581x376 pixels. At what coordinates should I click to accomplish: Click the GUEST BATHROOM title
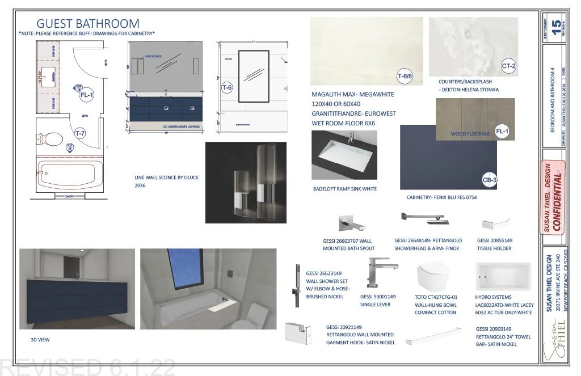[x=88, y=24]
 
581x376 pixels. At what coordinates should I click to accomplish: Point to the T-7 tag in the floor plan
[x=81, y=133]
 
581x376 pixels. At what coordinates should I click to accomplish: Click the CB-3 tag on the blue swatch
[x=489, y=179]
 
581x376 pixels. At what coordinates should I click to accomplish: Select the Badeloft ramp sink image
[x=344, y=154]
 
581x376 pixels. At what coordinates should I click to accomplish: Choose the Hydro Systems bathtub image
[x=504, y=277]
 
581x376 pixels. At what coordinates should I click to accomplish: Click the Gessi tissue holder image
[x=491, y=223]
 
